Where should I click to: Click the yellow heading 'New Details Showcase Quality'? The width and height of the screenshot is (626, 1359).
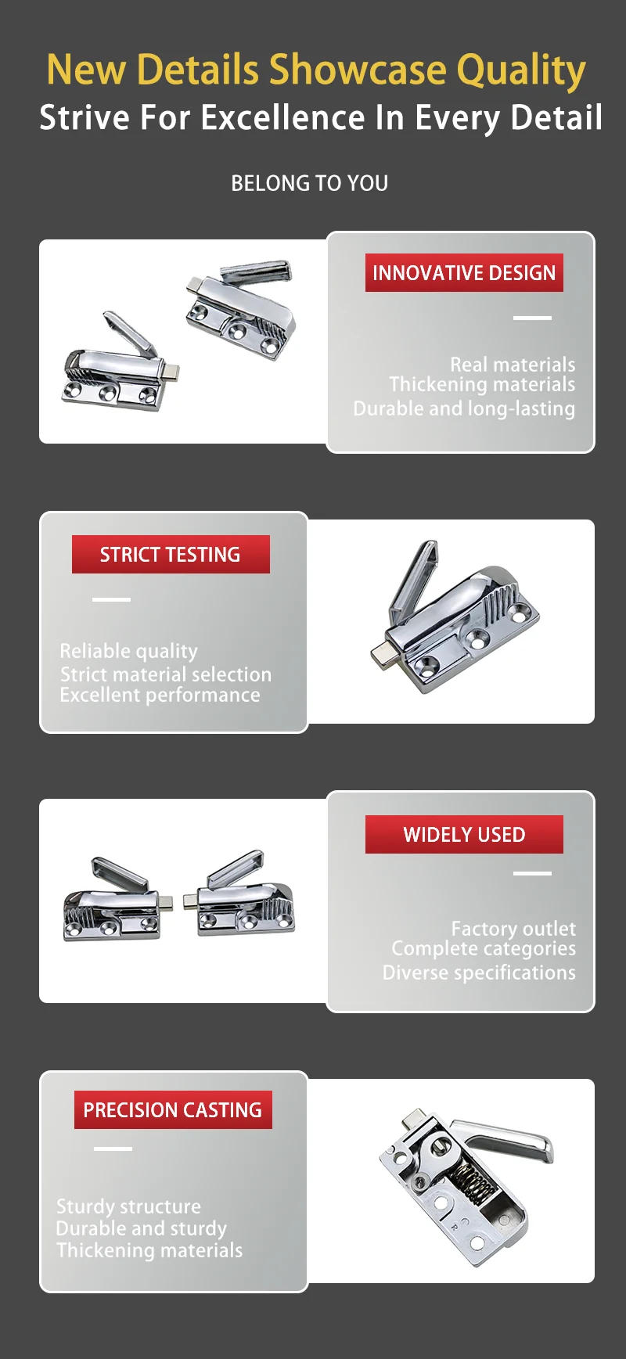(x=316, y=70)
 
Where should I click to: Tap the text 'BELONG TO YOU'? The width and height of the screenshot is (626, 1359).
(x=310, y=183)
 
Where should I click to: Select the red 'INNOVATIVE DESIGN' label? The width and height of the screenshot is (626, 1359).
(x=464, y=273)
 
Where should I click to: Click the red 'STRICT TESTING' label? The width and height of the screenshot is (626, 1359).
(x=171, y=555)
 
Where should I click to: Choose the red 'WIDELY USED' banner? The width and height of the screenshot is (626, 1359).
(x=464, y=835)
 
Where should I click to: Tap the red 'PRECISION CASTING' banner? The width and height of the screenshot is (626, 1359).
(x=173, y=1110)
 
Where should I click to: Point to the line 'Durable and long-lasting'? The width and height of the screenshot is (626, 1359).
(x=464, y=408)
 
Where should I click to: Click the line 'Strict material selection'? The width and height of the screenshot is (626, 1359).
(x=166, y=674)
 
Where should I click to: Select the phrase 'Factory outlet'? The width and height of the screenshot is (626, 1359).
(x=513, y=929)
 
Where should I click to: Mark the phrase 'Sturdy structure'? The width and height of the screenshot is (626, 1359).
(x=128, y=1206)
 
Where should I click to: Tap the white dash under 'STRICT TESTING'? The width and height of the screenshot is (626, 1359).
(x=112, y=599)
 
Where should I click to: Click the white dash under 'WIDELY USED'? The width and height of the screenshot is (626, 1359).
(x=532, y=873)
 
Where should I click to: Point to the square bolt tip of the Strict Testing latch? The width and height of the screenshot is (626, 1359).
(x=384, y=655)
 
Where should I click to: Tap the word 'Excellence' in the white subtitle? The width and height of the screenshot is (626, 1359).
(x=282, y=118)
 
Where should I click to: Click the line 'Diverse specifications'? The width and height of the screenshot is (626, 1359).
(x=479, y=973)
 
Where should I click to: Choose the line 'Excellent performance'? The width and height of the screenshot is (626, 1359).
(x=160, y=695)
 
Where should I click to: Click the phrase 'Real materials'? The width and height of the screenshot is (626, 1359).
(x=513, y=365)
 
